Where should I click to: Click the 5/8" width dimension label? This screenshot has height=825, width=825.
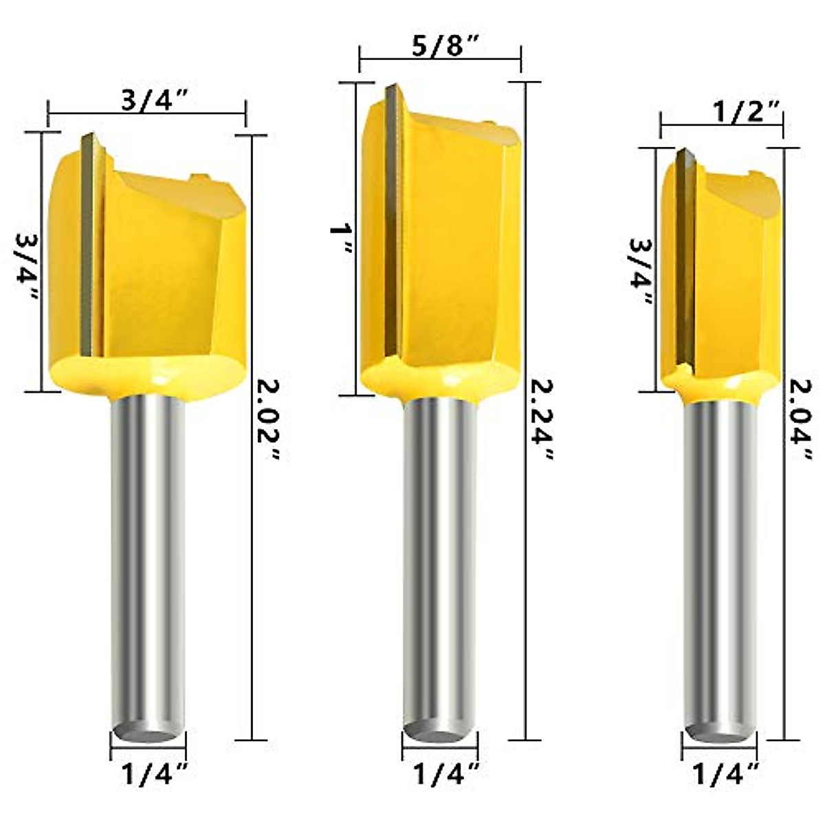click(440, 50)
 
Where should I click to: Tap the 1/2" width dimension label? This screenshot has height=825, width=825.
click(721, 112)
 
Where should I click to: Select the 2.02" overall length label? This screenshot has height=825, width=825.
click(269, 419)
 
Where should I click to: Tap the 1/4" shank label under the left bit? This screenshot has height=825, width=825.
click(155, 775)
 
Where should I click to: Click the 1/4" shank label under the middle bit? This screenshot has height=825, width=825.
click(446, 775)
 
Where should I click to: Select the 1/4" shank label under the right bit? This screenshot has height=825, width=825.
click(726, 775)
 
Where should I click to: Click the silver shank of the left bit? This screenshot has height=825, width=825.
click(147, 550)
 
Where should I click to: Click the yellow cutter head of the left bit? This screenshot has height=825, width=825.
click(165, 275)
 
